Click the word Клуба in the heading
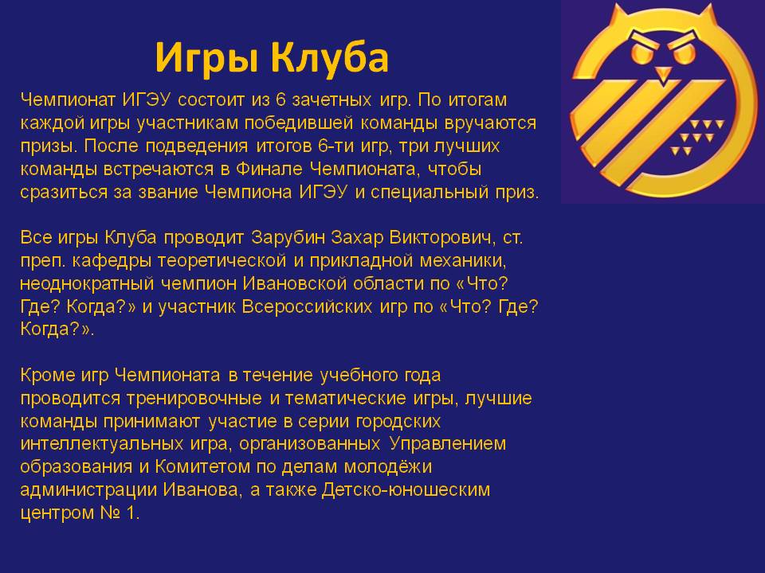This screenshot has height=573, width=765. (x=330, y=57)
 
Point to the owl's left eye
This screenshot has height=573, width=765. (x=640, y=53)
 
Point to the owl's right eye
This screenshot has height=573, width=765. (x=685, y=53)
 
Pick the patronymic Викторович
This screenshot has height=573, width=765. (x=443, y=238)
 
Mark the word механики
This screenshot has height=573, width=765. (x=463, y=261)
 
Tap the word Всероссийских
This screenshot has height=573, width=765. (x=307, y=307)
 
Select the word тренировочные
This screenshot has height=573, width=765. (x=194, y=399)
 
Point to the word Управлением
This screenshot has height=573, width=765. (x=447, y=444)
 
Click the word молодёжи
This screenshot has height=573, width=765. (x=388, y=467)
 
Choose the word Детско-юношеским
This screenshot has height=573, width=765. (x=406, y=489)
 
